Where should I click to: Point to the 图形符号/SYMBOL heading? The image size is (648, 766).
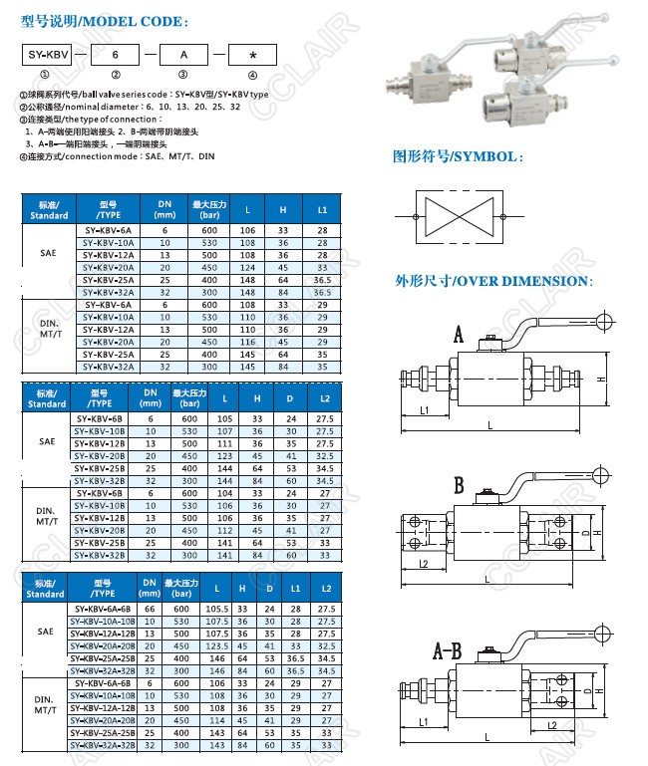click(x=458, y=157)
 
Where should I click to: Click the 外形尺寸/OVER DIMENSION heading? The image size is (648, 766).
click(x=493, y=281)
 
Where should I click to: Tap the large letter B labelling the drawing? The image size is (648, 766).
click(x=458, y=486)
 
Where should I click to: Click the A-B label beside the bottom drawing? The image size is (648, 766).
click(x=448, y=653)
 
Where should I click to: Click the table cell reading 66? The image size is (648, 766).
click(x=151, y=609)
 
